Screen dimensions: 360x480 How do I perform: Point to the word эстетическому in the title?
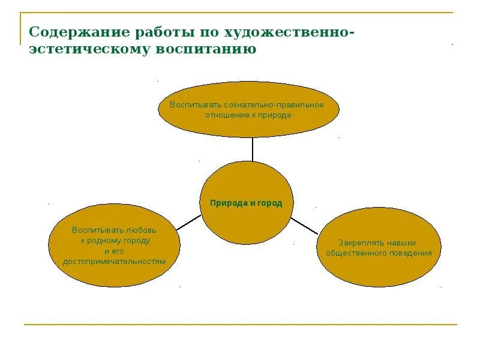click(90, 49)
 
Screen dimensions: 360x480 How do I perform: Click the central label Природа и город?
click(246, 203)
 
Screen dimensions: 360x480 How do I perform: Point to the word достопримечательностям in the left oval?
click(114, 262)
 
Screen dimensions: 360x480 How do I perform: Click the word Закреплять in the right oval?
click(358, 243)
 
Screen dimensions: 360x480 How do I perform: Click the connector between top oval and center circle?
click(253, 149)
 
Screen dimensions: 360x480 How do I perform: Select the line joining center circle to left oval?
click(188, 222)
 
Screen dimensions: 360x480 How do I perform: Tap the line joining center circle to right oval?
click(304, 226)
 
